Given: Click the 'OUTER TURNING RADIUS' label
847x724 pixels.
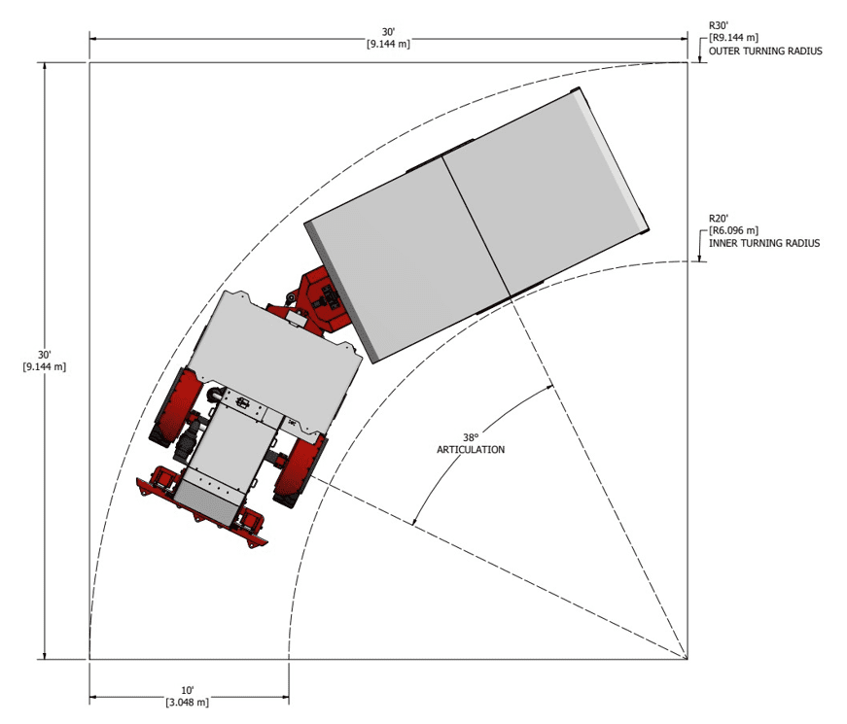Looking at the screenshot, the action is [765, 52].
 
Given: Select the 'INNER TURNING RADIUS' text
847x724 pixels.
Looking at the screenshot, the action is [763, 244].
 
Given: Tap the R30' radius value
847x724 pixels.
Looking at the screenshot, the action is [719, 25].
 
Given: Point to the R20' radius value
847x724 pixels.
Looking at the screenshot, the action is [719, 218].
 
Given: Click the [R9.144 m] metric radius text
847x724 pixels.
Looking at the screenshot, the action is [733, 38].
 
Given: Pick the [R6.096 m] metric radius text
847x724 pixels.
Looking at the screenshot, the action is [733, 230].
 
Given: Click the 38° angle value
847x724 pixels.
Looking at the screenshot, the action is [471, 437].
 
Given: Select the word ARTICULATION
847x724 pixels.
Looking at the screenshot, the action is [471, 450].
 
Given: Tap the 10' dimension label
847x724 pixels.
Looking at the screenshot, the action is [188, 691].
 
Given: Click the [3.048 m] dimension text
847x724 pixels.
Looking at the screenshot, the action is [188, 703].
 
